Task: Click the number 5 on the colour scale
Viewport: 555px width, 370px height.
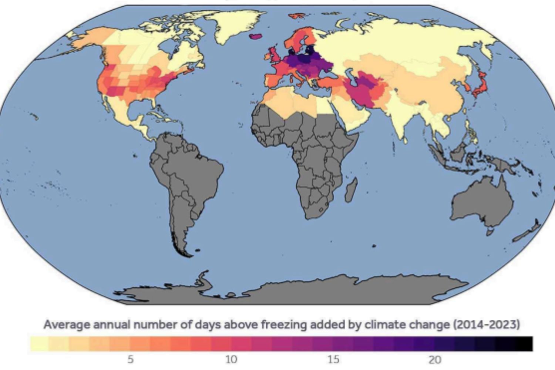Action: point(130,359)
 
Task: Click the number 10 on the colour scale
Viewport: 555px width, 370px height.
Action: point(231,359)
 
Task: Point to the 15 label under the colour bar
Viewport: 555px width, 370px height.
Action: point(333,359)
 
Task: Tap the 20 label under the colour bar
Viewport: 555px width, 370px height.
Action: point(435,359)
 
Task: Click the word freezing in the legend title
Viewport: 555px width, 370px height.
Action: point(284,324)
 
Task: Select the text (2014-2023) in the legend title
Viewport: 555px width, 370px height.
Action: point(486,324)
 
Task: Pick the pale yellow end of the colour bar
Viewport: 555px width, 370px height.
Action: point(38,344)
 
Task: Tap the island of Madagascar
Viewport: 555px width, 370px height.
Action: point(351,190)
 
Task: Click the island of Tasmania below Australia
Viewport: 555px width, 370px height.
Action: point(490,232)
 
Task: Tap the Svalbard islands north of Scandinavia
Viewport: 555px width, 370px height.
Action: point(298,16)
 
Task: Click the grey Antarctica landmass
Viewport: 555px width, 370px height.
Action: point(296,292)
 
